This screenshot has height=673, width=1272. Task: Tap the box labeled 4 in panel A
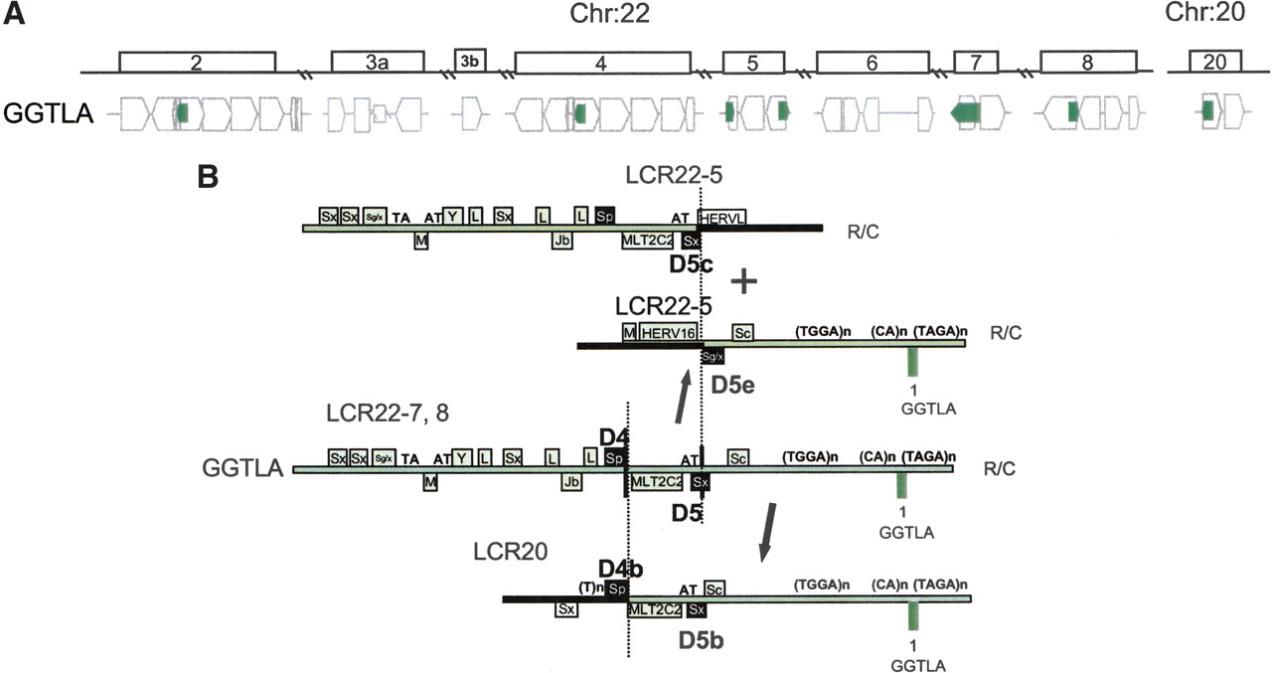point(601,62)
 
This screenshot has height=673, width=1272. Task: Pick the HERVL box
point(722,217)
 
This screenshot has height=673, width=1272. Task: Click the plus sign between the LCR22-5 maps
point(744,282)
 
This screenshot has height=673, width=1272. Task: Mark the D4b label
point(621,568)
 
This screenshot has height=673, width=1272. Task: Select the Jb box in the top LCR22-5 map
point(562,240)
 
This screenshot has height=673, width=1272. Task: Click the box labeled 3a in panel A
point(377,62)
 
